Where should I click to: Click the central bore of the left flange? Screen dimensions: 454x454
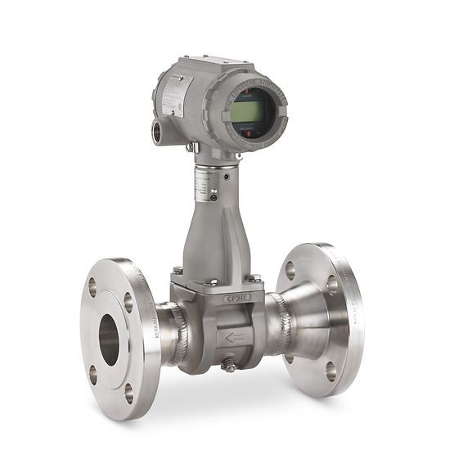coord(110,338)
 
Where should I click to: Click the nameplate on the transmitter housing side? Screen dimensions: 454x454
coord(174,97)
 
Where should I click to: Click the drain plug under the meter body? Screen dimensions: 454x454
coord(230,366)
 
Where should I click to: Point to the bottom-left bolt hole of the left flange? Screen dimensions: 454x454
coord(92,375)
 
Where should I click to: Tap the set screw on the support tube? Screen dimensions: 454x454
coord(214,197)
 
